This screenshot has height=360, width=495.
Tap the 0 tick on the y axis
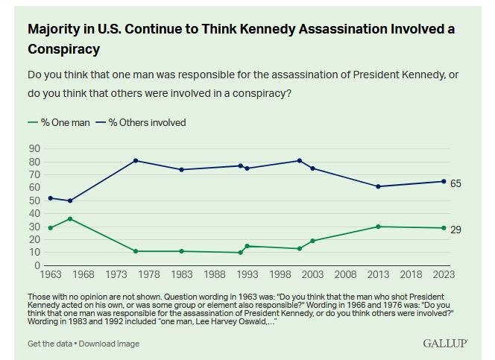(37, 265)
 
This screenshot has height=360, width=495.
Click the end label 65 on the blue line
(455, 183)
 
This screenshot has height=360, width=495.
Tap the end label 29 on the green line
(455, 230)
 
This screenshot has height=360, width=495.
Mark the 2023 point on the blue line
(444, 181)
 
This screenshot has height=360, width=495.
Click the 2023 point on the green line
(444, 228)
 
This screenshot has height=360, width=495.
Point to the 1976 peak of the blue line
(136, 160)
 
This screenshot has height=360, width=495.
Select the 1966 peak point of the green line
(70, 218)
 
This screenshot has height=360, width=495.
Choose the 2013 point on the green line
(379, 227)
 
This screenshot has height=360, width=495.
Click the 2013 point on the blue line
(379, 186)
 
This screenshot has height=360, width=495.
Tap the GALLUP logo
(445, 343)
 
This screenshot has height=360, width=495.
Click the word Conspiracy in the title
(63, 48)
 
